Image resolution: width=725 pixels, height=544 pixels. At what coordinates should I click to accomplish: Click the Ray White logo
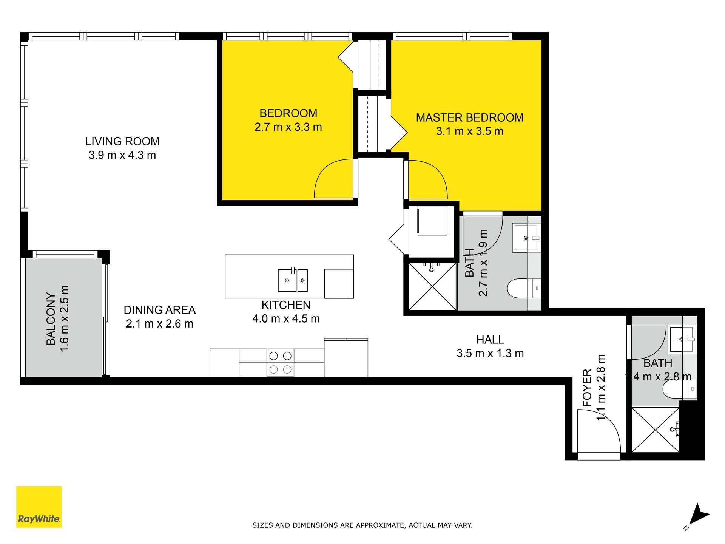pyautogui.click(x=39, y=507)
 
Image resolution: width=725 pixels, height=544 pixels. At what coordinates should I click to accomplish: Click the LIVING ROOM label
pyautogui.click(x=122, y=141)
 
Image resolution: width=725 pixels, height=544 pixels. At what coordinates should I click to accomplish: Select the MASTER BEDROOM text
pyautogui.click(x=470, y=117)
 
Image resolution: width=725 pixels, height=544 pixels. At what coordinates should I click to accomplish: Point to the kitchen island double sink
pyautogui.click(x=293, y=280)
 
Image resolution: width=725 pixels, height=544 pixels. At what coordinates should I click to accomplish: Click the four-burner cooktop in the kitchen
pyautogui.click(x=280, y=363)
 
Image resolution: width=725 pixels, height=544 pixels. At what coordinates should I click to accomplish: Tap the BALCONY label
pyautogui.click(x=51, y=318)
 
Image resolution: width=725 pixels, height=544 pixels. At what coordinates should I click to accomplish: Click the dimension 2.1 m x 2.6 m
pyautogui.click(x=160, y=324)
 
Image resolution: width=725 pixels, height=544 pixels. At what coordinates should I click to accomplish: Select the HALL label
pyautogui.click(x=490, y=340)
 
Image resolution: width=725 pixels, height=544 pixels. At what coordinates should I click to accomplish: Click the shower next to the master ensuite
pyautogui.click(x=432, y=286)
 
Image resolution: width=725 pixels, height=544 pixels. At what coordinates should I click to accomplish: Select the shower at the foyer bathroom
pyautogui.click(x=656, y=430)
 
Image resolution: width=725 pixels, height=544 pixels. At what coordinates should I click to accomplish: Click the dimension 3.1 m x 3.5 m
pyautogui.click(x=470, y=131)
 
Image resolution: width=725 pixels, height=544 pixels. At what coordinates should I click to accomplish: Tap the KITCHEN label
pyautogui.click(x=286, y=305)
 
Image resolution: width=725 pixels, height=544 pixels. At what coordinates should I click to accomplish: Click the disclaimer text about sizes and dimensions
pyautogui.click(x=362, y=525)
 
